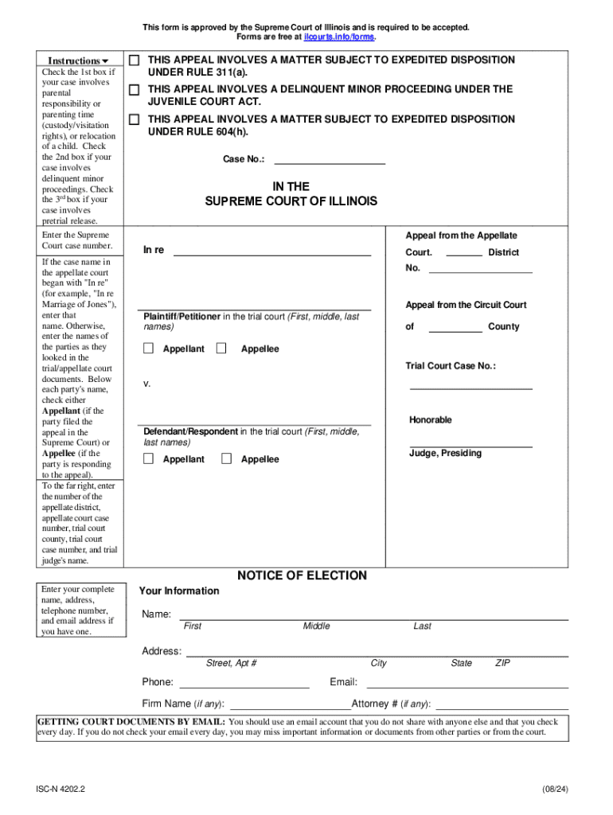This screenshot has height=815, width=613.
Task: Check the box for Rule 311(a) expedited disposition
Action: pos(135,60)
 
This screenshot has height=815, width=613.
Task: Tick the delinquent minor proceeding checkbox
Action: pos(135,89)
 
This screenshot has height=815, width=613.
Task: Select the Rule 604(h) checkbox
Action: pos(135,119)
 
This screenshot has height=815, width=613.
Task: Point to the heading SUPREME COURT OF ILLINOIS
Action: pos(291,201)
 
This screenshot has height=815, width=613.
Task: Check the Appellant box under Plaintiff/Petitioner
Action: pos(149,349)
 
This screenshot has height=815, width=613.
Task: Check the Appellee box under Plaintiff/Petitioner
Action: pos(221,349)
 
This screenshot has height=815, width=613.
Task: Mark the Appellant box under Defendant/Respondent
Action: pos(149,458)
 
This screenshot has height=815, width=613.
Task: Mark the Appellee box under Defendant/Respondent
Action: pos(226,458)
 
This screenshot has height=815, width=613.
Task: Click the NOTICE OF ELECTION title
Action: pos(302,575)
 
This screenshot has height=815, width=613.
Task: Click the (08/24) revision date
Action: pos(555,789)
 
